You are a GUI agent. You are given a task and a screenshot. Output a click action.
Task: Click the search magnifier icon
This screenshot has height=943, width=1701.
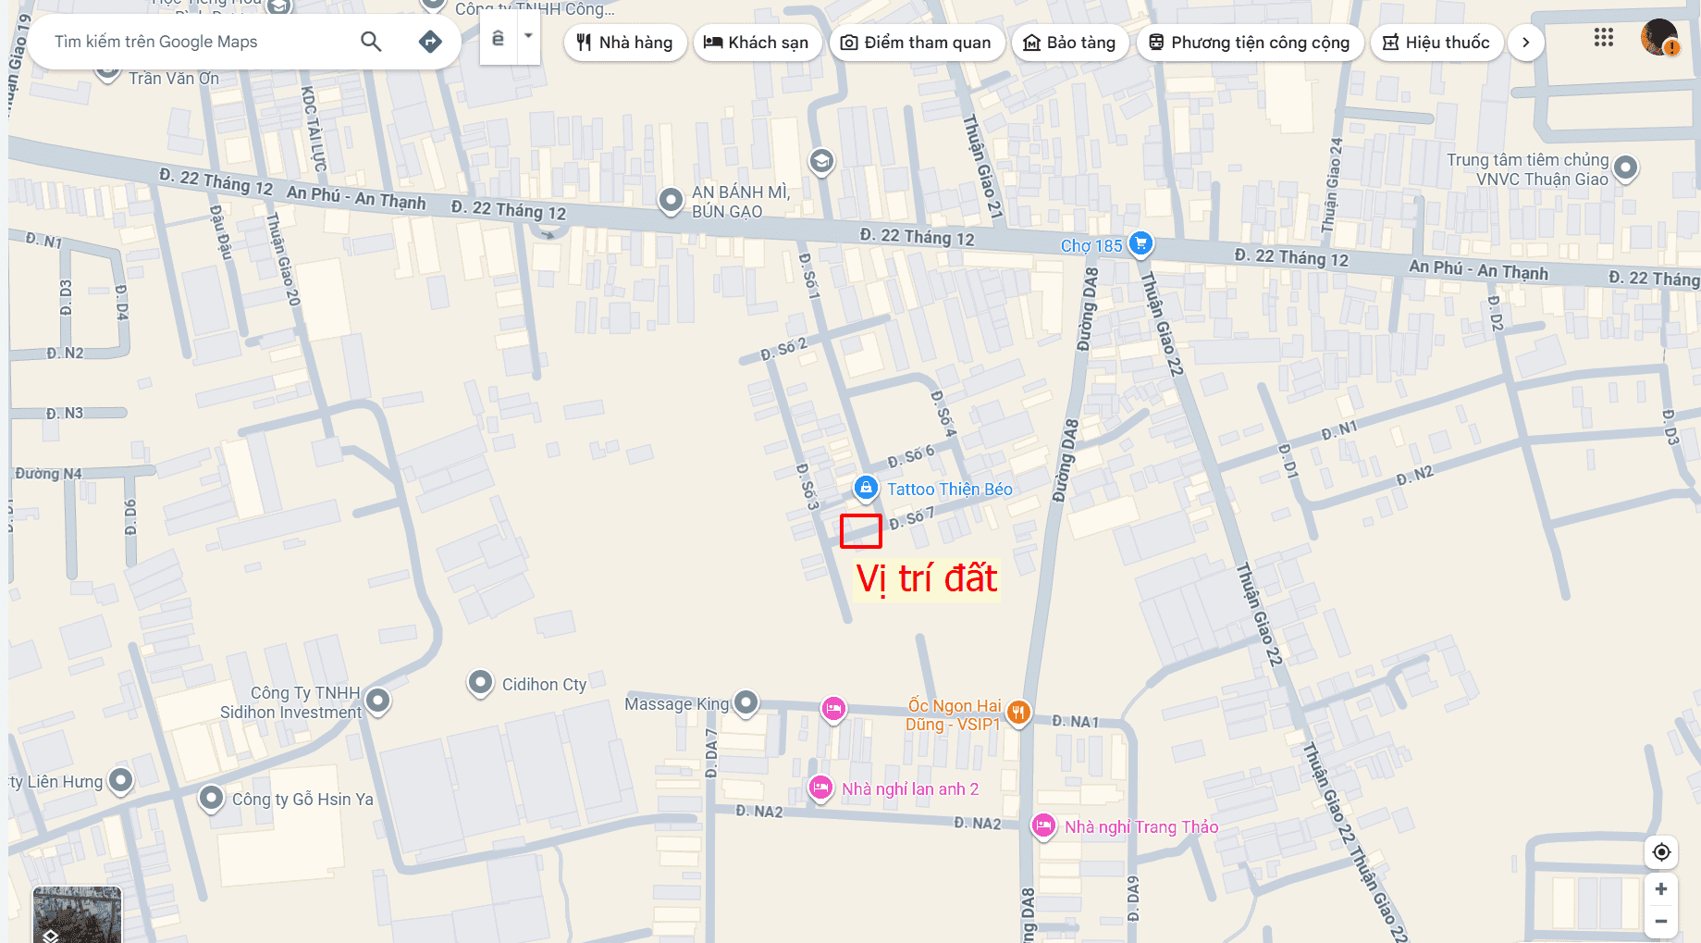pos(371,42)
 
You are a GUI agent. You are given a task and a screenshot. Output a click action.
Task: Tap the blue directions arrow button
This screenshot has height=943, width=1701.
pos(430,42)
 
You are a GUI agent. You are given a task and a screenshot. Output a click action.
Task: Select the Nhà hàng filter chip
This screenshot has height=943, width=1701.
pos(625,43)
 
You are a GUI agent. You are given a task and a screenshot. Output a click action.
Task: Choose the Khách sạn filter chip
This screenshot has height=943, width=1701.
pos(757,43)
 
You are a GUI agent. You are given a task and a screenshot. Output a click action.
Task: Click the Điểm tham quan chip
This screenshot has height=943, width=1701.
pos(916,43)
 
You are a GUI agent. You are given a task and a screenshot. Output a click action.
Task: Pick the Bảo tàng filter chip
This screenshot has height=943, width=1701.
pos(1070,43)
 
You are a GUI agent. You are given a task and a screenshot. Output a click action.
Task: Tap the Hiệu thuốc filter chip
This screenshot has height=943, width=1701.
pos(1436,43)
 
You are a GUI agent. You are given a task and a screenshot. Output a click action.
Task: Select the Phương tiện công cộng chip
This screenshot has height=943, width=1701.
pos(1250,43)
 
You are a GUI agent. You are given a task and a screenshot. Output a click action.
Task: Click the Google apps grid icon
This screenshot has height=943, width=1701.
pos(1604,38)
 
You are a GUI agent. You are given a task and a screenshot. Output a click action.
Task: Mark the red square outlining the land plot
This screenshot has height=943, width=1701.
pos(860,531)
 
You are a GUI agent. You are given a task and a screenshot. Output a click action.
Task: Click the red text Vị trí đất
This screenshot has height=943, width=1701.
pos(927,579)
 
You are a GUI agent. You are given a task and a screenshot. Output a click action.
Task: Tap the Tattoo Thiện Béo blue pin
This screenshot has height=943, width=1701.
pos(866,487)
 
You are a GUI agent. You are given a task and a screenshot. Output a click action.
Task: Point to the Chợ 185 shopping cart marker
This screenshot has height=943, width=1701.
pos(1141,243)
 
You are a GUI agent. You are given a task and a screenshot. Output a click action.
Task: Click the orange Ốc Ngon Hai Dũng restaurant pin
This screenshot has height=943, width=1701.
pos(1018,712)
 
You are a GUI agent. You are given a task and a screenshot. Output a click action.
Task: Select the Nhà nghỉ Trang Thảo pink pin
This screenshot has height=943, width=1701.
pos(1043,825)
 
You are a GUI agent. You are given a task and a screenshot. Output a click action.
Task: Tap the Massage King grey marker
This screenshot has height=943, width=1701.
pos(746,703)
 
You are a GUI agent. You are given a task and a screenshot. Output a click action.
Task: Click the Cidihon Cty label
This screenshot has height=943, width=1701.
pos(544,685)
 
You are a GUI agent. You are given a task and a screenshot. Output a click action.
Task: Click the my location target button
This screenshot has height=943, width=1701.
pos(1661,852)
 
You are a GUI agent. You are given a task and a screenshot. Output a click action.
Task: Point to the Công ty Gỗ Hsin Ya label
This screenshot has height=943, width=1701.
pos(302,800)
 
